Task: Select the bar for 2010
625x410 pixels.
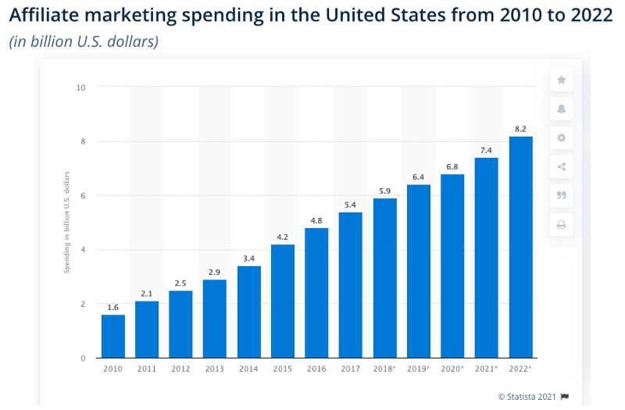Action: tap(113, 337)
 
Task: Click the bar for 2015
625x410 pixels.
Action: tap(283, 301)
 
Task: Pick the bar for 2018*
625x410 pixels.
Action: tap(384, 278)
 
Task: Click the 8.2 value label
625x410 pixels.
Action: tap(521, 127)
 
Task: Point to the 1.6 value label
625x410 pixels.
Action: tap(113, 306)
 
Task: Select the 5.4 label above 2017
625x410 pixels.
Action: tap(351, 204)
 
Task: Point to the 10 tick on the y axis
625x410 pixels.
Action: tap(81, 87)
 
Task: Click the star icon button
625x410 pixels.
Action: tap(561, 80)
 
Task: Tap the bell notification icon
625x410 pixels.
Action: tap(561, 109)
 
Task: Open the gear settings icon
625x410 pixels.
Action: tap(561, 137)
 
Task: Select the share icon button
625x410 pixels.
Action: tap(561, 166)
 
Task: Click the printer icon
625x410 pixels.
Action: tap(561, 225)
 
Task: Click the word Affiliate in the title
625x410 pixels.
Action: tap(43, 17)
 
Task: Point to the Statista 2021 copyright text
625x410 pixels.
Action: tap(527, 397)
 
